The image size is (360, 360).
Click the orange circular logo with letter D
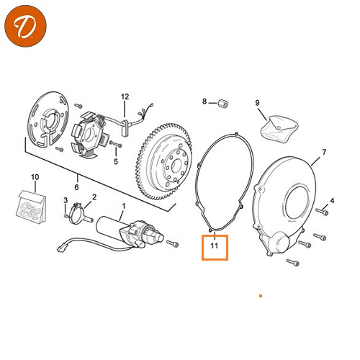(25, 26)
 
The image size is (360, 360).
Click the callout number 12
(125, 96)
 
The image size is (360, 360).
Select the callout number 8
(204, 102)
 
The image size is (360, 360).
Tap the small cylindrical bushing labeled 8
(223, 104)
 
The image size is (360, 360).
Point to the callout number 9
(257, 103)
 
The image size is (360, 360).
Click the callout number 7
(324, 152)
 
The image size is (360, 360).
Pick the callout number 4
(332, 200)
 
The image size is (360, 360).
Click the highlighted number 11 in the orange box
(215, 246)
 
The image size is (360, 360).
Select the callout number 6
(76, 187)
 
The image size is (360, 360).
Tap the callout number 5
(116, 161)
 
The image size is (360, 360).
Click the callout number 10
(35, 177)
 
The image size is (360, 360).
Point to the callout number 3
(66, 200)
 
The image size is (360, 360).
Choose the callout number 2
(94, 197)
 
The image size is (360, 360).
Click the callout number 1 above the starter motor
(124, 206)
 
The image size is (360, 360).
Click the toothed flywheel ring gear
(163, 162)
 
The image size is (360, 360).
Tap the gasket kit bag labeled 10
(32, 207)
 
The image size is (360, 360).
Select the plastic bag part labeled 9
(279, 129)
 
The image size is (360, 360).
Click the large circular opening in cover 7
(297, 202)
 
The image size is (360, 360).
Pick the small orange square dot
(261, 296)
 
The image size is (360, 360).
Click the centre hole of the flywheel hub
(176, 165)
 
